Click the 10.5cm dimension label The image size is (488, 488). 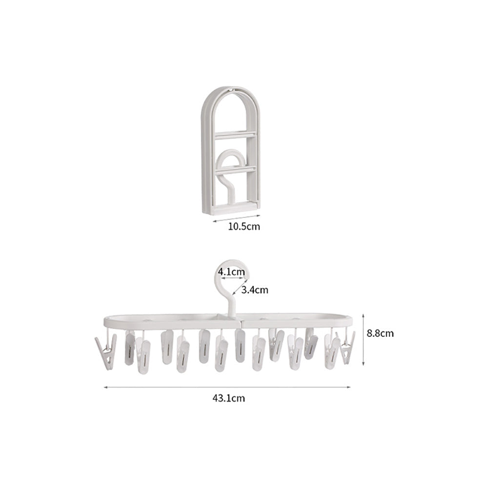pos(244,226)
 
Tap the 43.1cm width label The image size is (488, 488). pos(229,398)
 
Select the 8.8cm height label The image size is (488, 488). pos(380,333)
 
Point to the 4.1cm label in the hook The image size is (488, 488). pos(231,272)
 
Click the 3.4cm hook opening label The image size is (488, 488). pos(255,290)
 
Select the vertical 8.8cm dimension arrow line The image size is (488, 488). pos(363,340)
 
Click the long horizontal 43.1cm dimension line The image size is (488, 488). pos(227,387)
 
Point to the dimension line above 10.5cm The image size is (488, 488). pos(237,218)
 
